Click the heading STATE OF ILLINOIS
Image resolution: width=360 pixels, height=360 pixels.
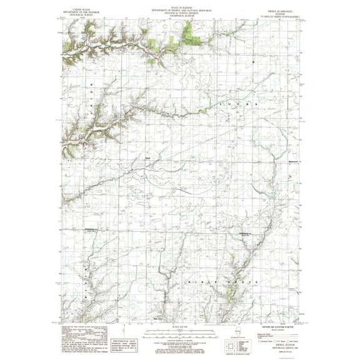pyautogui.click(x=180, y=4)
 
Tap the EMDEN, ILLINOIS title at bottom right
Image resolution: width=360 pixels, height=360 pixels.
pyautogui.click(x=277, y=343)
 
